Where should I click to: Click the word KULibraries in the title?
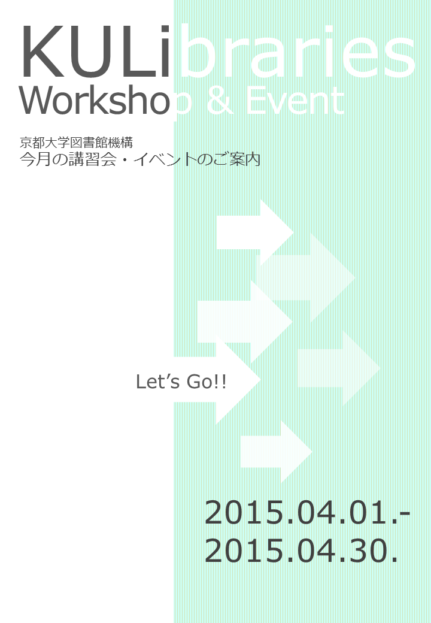click(x=218, y=52)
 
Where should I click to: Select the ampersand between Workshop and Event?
click(x=220, y=101)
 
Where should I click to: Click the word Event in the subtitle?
click(x=295, y=101)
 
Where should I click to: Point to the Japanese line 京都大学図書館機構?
click(x=76, y=142)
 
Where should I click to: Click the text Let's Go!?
click(x=181, y=382)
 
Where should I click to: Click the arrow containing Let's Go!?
click(x=217, y=380)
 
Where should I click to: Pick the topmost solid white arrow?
click(x=255, y=232)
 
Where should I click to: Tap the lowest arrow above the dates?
click(x=276, y=452)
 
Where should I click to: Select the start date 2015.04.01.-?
click(x=307, y=513)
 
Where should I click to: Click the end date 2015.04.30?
click(x=302, y=551)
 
